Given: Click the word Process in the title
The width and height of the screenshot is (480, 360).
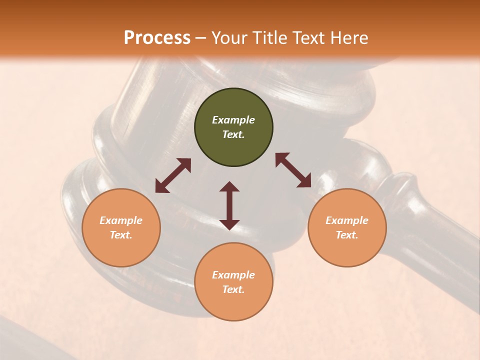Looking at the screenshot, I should click(x=157, y=38).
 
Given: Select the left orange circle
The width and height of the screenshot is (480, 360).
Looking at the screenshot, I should click(x=121, y=227).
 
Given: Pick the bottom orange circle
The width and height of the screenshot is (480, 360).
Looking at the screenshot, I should click(x=233, y=281).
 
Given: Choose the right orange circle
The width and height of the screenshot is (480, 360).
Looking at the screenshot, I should click(x=347, y=227).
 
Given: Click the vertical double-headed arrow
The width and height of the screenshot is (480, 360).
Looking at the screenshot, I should click(x=229, y=205).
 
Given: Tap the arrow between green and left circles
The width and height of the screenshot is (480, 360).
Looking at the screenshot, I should click(x=173, y=175).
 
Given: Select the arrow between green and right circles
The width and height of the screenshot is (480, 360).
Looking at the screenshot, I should click(x=293, y=170).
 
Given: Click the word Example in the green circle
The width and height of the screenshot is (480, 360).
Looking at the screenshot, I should click(x=233, y=120).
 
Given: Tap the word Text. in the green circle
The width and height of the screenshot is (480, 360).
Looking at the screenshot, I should click(x=233, y=134).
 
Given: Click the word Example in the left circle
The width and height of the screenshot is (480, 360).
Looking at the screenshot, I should click(x=121, y=220).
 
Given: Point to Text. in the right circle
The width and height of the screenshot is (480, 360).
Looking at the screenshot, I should click(x=347, y=235).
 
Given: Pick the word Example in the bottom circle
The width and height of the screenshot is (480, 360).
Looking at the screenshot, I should click(x=233, y=275).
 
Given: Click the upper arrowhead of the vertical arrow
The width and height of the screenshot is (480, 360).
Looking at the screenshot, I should click(x=229, y=187).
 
